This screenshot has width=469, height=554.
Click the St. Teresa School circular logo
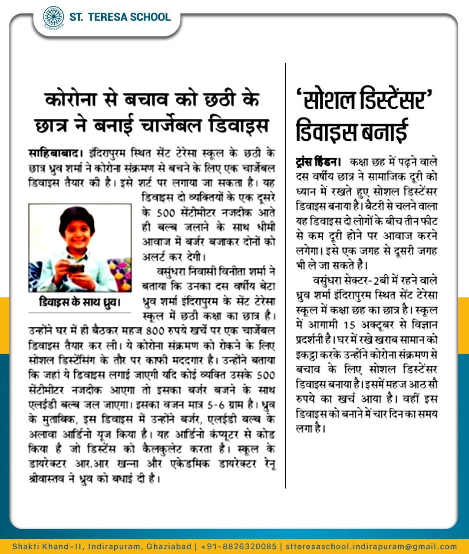click(x=53, y=17)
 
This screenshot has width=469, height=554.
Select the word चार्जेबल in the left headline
click(x=171, y=125)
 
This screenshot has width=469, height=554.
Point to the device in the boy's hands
click(x=75, y=269)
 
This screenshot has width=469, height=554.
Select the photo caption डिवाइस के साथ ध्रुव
click(x=79, y=302)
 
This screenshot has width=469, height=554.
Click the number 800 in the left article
click(x=155, y=331)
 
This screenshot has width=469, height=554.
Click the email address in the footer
click(x=371, y=546)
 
